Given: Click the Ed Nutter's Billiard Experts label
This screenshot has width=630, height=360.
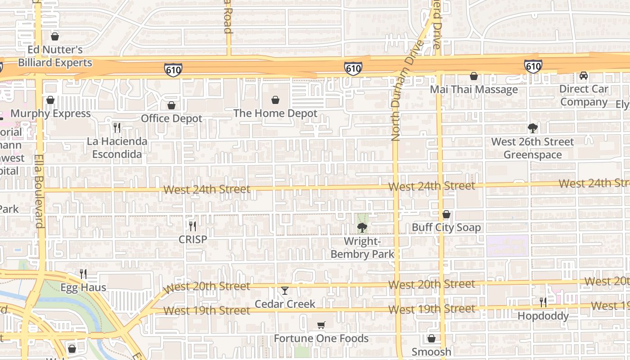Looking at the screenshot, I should tap(55, 56).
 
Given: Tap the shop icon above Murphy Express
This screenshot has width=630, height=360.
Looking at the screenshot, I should tap(50, 99).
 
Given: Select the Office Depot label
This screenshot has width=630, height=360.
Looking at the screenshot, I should tap(171, 118).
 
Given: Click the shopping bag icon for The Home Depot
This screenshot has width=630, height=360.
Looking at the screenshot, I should tap(275, 99).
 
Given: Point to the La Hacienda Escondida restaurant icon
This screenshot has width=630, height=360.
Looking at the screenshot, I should tap(117, 127).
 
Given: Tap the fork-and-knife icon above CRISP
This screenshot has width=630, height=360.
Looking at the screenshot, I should tap(193, 225).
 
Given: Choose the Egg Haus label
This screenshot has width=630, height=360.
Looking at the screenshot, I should tap(83, 288).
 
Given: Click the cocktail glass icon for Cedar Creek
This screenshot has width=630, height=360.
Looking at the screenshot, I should tap(285, 291).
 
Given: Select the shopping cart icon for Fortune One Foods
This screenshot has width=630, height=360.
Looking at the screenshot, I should tap(321, 325).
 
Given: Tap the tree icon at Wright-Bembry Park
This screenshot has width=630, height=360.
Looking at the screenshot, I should tap(362, 228).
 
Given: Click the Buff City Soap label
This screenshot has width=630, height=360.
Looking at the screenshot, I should tap(446, 228).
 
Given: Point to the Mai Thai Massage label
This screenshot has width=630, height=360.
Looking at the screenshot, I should tap(474, 90).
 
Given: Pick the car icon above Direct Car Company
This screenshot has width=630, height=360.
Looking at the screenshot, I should tap(584, 76).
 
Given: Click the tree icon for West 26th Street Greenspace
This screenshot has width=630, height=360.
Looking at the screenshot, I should tap(533, 128).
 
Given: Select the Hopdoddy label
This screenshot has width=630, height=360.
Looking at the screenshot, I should tap(543, 316).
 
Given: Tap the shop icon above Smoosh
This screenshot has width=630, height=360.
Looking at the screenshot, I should tap(432, 338).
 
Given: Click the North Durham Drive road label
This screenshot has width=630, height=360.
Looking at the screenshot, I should tap(396, 90).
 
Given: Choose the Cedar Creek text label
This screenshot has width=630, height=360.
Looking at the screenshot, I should tap(285, 304).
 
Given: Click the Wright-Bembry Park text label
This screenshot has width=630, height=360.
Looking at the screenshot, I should tap(362, 248).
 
